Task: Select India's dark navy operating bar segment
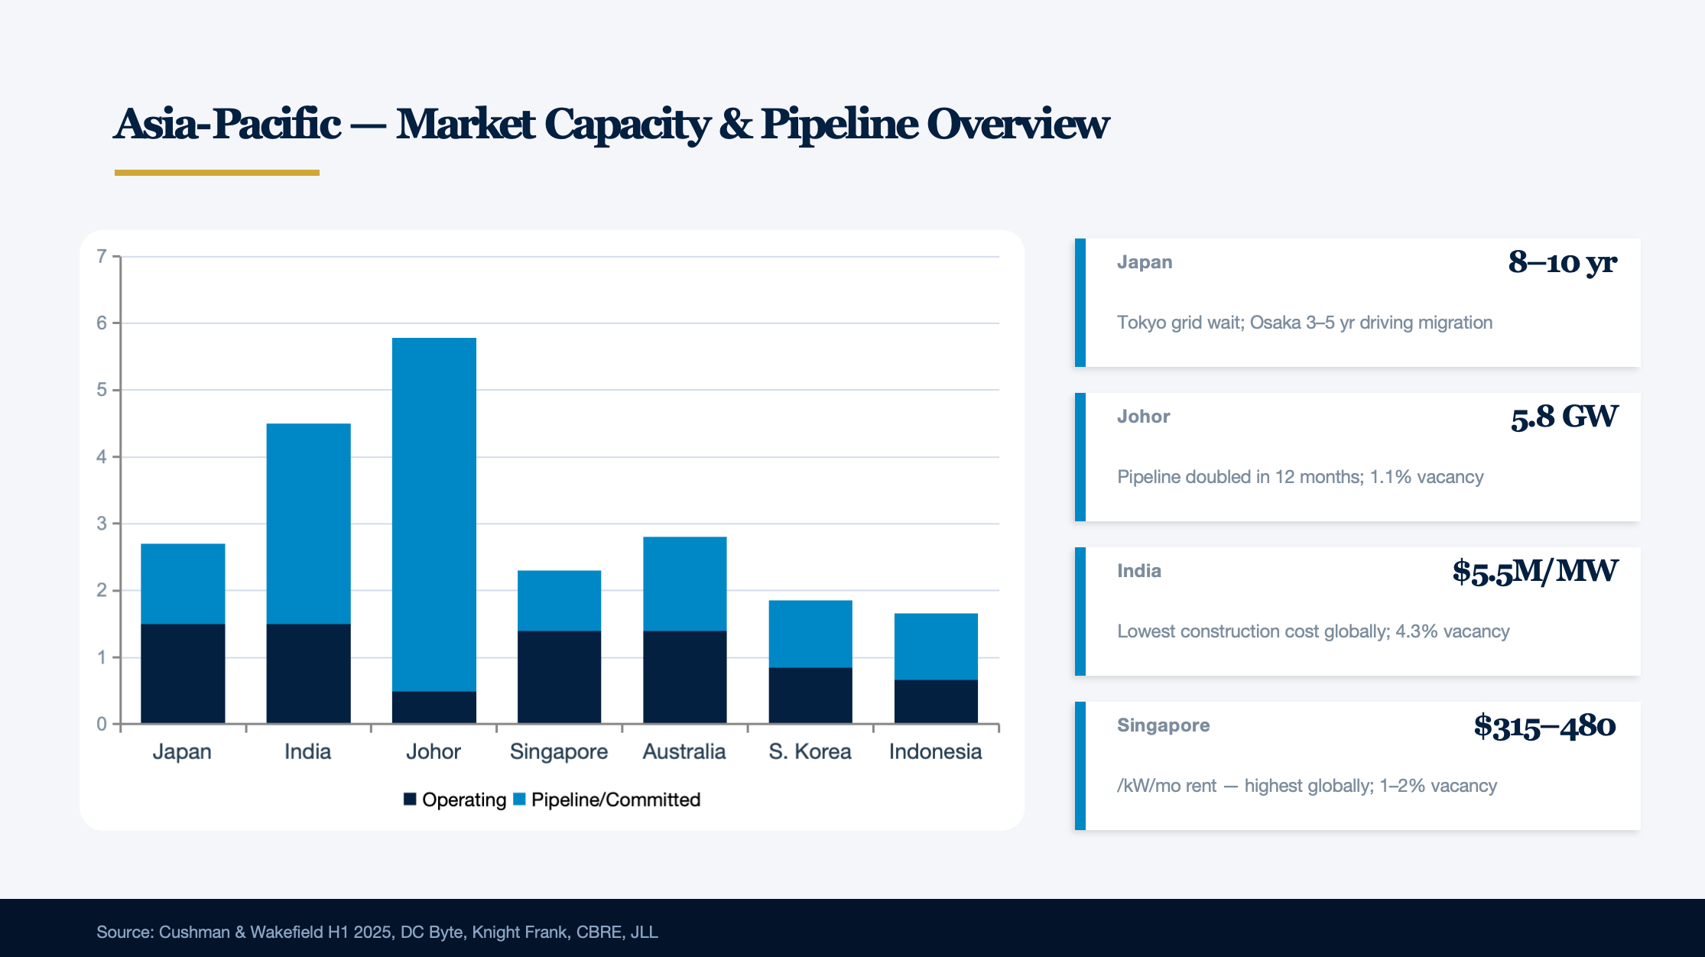click(308, 673)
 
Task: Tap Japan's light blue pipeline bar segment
click(183, 584)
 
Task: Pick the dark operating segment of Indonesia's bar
click(936, 701)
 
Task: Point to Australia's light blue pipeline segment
click(684, 584)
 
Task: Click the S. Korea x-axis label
click(810, 751)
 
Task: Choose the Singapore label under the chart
click(559, 751)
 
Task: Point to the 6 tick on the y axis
click(102, 323)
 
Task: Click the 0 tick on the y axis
click(102, 724)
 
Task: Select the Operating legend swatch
click(410, 800)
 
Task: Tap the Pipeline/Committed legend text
click(615, 800)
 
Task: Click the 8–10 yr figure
click(1562, 262)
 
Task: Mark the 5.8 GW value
click(1564, 417)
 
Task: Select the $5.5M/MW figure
click(1534, 571)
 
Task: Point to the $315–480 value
click(1544, 725)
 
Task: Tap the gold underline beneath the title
click(217, 173)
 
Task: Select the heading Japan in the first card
click(1145, 262)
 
